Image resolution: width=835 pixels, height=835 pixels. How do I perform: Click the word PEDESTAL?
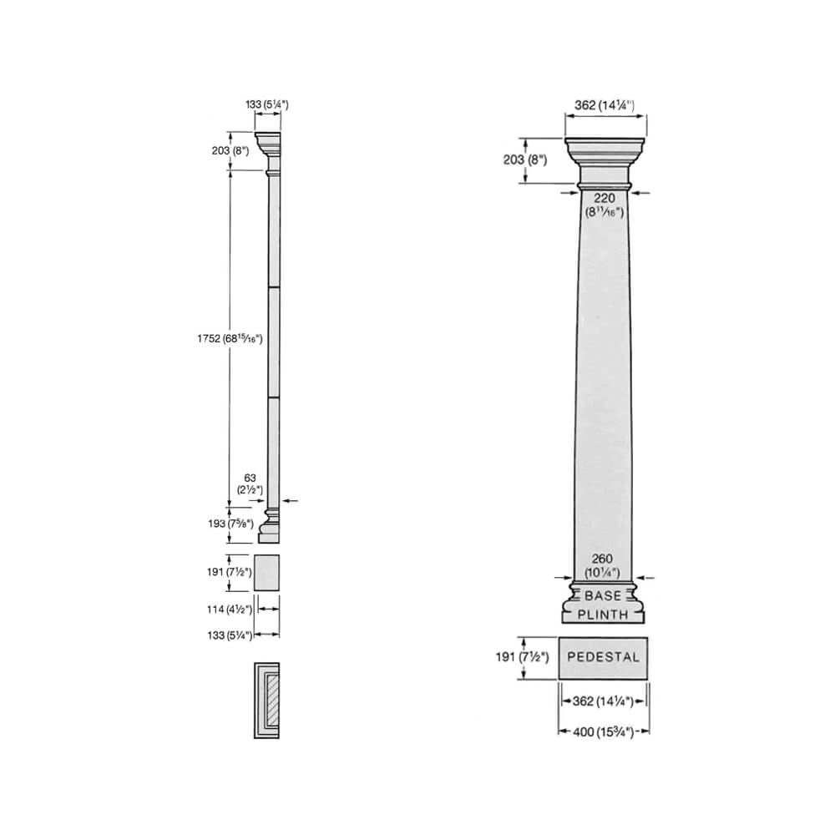pos(603,657)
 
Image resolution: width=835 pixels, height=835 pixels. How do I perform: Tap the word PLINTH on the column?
pos(603,615)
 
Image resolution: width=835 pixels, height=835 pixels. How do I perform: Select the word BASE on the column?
pos(603,596)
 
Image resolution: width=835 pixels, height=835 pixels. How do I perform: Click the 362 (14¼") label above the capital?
pos(605,105)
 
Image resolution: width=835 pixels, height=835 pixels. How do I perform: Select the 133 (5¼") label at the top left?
pos(266,104)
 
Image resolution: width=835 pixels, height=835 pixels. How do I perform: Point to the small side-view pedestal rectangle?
pos(268,572)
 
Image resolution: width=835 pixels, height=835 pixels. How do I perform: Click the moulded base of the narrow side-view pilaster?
pos(270,524)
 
